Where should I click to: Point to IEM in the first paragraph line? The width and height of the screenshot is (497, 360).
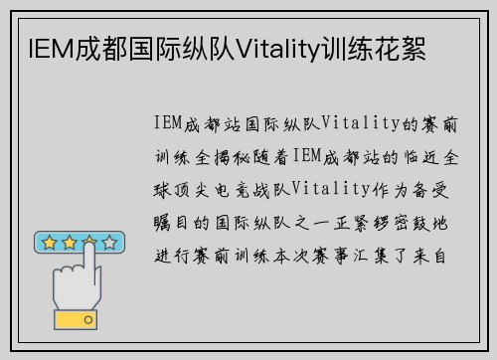[172, 123]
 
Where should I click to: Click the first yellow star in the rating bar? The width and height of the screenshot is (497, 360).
[47, 243]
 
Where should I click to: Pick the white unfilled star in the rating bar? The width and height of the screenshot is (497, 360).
[110, 243]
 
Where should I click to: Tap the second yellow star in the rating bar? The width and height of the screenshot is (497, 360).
[68, 243]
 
